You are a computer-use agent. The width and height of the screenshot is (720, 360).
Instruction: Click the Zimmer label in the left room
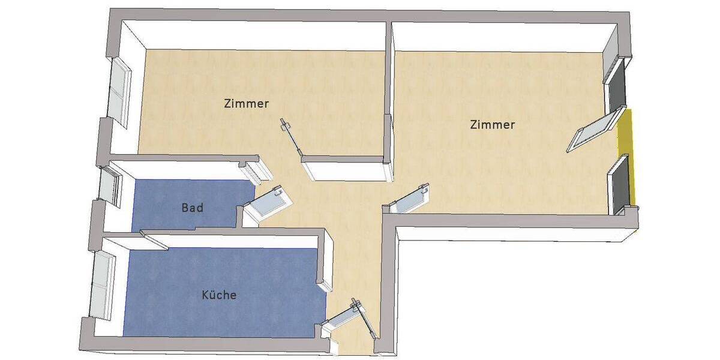246,103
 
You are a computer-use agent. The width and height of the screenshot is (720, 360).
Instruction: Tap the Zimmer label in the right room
493,125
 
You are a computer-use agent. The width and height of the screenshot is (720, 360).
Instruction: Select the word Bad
192,208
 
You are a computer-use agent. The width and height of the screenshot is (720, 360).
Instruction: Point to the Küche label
219,295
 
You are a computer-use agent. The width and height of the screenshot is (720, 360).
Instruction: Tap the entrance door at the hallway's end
347,316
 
